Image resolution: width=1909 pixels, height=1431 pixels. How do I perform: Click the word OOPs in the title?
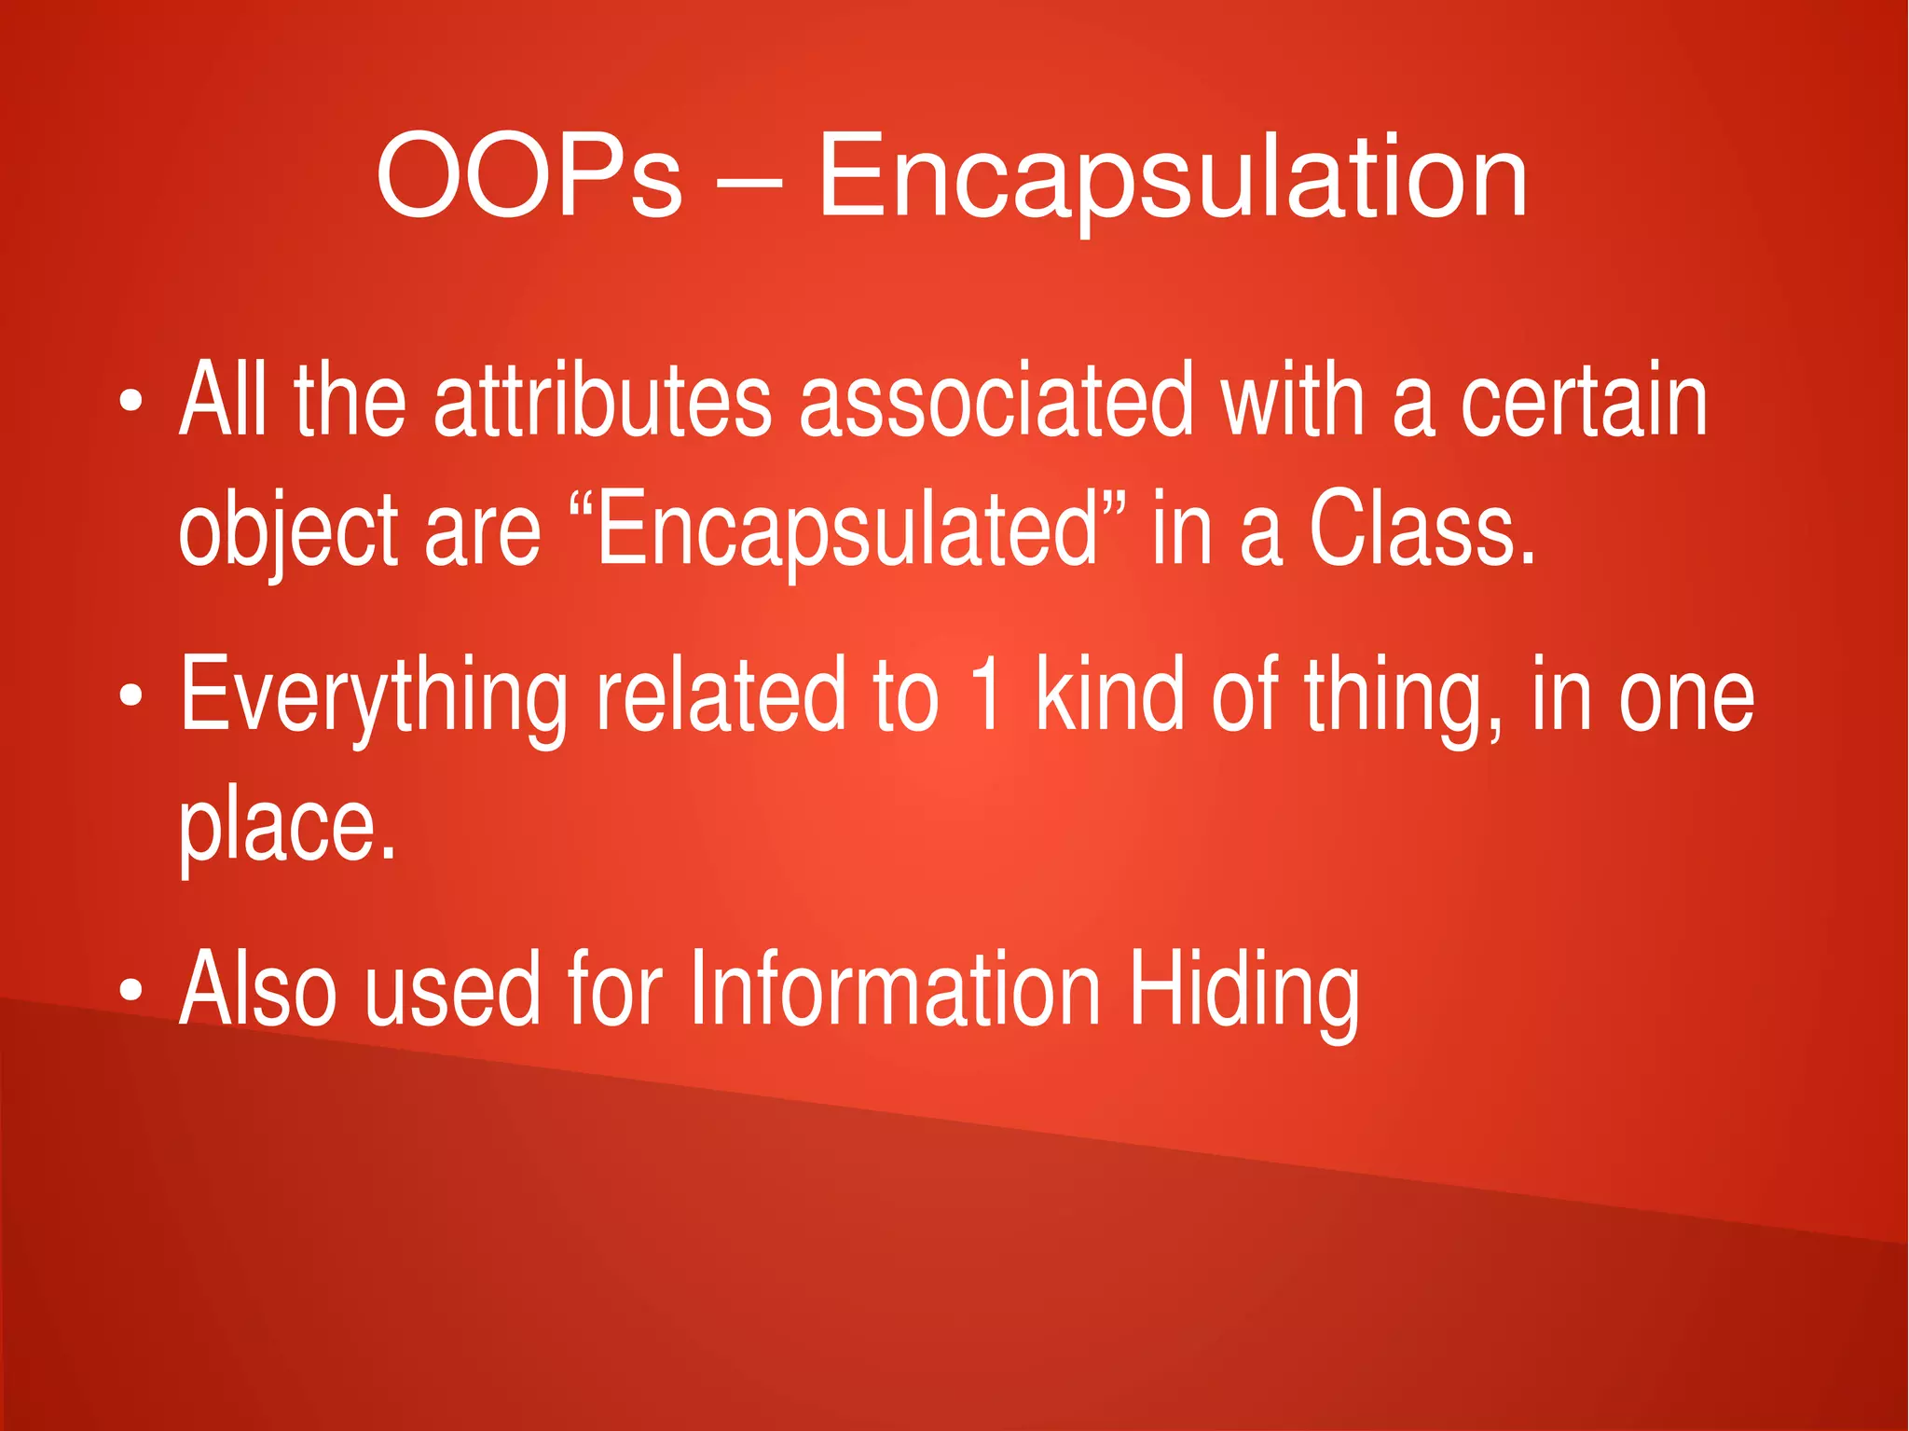coord(529,176)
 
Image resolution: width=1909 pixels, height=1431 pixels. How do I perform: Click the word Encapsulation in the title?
coord(1173,176)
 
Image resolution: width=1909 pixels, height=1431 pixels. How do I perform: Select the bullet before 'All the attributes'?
coord(131,404)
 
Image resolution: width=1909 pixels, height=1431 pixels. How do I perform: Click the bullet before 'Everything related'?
coord(131,695)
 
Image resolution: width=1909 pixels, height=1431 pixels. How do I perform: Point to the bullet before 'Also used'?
coord(131,990)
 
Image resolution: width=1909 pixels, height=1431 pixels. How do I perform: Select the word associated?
coord(996,401)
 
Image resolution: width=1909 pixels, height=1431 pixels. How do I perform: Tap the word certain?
coord(1584,401)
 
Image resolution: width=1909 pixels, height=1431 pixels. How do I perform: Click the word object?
coord(288,531)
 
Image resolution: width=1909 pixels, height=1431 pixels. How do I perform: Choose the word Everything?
coord(373,695)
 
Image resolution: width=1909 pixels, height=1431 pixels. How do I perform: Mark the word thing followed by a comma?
coord(1398,695)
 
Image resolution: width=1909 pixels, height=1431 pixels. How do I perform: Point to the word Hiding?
coord(1244,990)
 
